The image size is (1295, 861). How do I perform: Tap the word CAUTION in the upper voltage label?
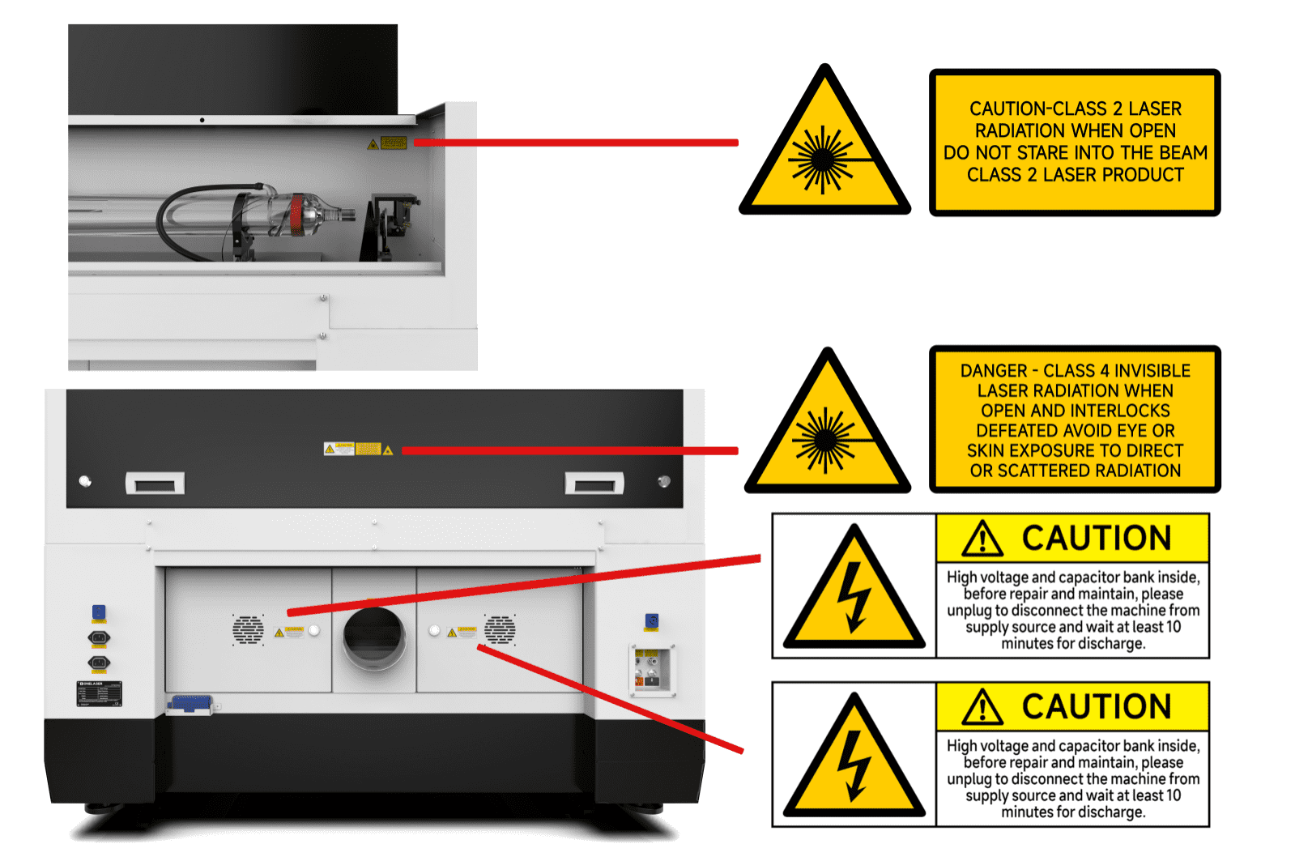1096,539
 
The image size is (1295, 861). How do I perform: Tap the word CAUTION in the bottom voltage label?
1096,707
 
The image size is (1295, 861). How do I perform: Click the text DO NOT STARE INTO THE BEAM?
1075,153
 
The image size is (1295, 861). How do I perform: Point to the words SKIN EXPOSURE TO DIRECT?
1075,451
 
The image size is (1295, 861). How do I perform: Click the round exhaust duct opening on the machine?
374,637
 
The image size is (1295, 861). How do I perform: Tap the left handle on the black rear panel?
155,484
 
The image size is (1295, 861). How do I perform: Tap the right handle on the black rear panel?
594,484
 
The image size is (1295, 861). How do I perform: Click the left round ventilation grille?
248,629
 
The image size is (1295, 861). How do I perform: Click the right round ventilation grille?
500,629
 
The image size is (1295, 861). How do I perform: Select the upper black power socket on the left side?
99,638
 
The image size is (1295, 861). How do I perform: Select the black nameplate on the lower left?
100,694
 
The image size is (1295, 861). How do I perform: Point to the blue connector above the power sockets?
99,612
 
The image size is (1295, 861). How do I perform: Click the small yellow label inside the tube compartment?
393,143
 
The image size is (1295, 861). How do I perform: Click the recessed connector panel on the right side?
651,670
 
